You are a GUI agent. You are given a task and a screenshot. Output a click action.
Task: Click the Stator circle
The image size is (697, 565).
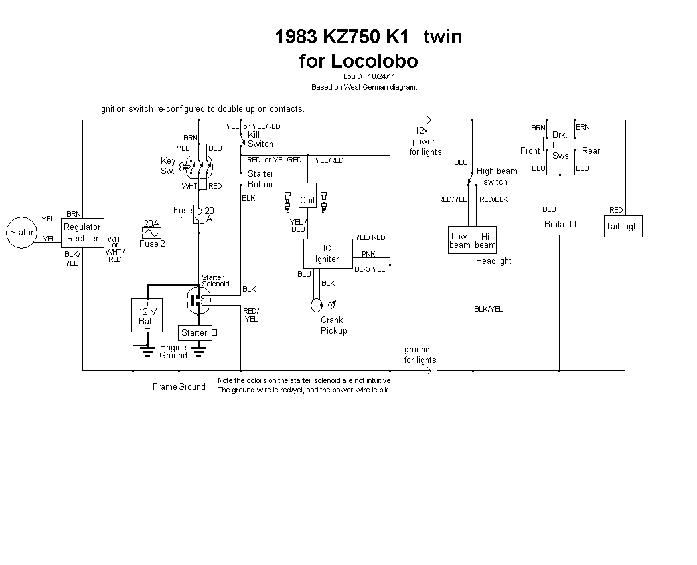[21, 232]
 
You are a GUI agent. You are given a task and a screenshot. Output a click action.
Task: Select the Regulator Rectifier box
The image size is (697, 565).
[82, 233]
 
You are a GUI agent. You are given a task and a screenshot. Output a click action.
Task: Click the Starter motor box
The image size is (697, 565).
[194, 332]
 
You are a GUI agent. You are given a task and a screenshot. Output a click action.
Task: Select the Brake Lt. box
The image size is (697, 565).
[560, 225]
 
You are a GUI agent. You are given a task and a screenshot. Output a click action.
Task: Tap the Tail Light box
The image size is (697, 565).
[623, 226]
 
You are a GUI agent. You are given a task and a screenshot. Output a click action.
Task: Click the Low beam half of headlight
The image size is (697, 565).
[459, 240]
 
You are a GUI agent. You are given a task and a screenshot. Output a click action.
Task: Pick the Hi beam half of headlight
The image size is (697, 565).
[485, 240]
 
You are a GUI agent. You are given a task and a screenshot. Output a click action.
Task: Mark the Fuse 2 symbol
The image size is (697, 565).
[152, 233]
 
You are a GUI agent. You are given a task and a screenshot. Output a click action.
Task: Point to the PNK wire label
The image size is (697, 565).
[368, 254]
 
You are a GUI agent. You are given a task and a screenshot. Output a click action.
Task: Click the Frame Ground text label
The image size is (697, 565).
[179, 386]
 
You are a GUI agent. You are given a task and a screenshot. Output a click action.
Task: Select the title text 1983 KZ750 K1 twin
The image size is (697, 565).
[368, 37]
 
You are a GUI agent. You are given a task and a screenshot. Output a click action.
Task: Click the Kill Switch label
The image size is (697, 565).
[260, 139]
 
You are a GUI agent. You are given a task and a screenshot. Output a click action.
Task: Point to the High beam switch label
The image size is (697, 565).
[497, 176]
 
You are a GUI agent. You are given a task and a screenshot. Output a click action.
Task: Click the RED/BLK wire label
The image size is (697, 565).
[493, 199]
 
